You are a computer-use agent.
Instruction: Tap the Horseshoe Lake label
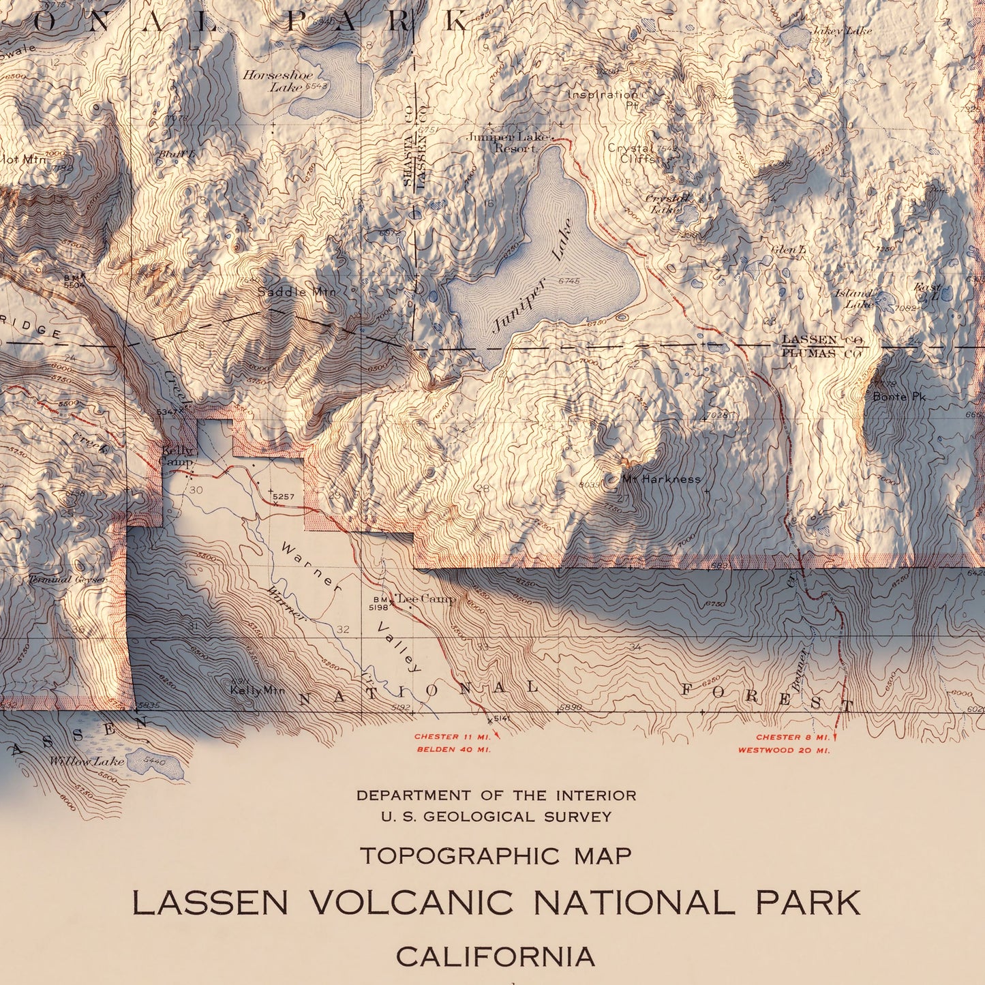[x=278, y=80]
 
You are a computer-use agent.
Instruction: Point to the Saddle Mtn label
[x=297, y=292]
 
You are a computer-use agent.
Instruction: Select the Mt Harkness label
[x=661, y=479]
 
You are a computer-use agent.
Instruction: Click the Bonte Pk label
[x=899, y=397]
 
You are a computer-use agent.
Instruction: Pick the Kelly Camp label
[x=177, y=455]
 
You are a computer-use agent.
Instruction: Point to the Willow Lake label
[x=87, y=761]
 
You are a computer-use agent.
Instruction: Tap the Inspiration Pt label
[x=603, y=99]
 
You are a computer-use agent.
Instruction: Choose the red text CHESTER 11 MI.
[x=453, y=737]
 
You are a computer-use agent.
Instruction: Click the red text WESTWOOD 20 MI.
[x=784, y=751]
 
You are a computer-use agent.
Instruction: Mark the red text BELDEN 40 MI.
[x=453, y=750]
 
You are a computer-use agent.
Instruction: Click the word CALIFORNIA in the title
[x=496, y=956]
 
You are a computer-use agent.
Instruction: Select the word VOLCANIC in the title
[x=411, y=903]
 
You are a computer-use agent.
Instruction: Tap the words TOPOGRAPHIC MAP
[x=496, y=855]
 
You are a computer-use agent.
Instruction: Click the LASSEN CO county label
[x=821, y=339]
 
